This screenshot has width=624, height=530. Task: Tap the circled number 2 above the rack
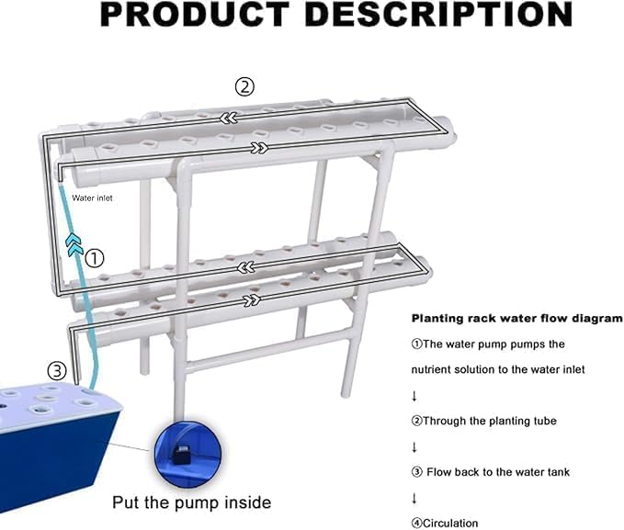(244, 87)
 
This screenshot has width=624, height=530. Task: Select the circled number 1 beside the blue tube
(96, 259)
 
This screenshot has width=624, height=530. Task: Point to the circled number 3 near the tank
(57, 372)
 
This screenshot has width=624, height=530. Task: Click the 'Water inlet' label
(92, 198)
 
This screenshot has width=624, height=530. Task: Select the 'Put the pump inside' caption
(191, 502)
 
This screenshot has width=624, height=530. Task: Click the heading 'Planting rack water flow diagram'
(516, 319)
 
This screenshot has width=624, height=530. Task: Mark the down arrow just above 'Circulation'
(414, 498)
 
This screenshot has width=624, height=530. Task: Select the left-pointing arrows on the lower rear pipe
(245, 267)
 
